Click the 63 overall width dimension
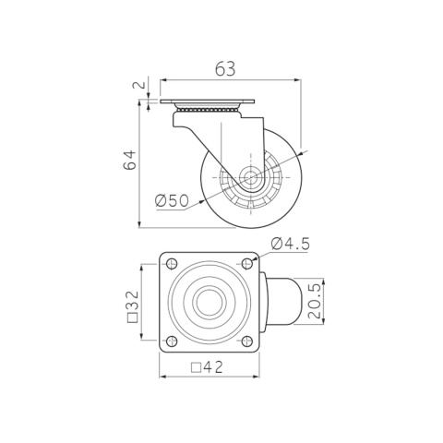(225, 69)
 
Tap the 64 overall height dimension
(129, 160)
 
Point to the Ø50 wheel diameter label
(172, 201)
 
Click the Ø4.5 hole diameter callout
(290, 245)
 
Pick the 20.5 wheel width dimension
(315, 301)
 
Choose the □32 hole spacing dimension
(133, 306)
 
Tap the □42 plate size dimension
(207, 367)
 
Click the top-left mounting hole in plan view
(172, 264)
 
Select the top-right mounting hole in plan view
(247, 264)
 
